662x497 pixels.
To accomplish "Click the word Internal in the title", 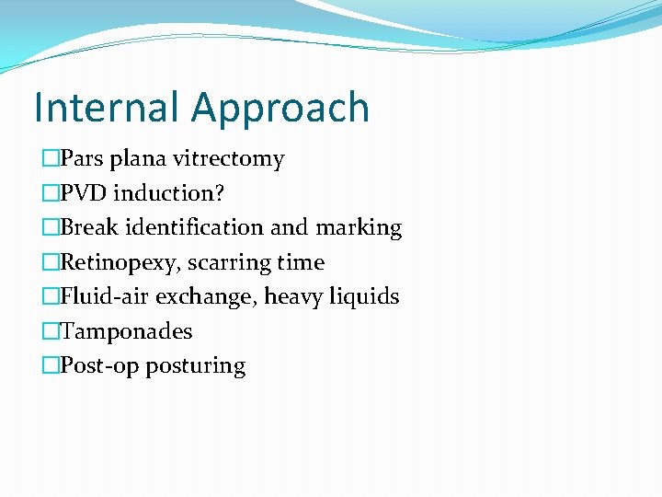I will (107, 108).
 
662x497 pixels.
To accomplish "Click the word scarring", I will (229, 263).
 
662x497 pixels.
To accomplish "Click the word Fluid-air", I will (105, 296).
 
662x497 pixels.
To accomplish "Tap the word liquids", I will (364, 297).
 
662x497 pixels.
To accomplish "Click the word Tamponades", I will (126, 331).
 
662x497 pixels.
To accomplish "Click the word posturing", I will (195, 366).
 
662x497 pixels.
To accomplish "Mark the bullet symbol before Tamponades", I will (51, 331).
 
